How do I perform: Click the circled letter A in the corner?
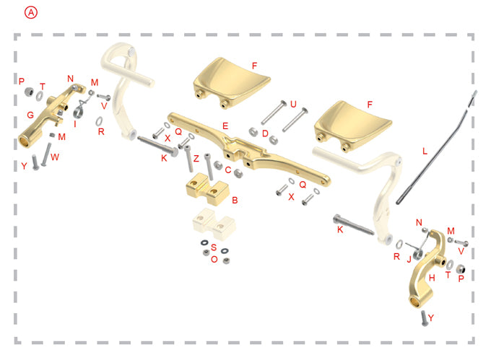point(30,12)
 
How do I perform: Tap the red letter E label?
point(225,126)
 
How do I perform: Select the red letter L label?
point(425,151)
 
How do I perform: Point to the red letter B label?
point(235,198)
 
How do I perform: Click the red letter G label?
point(30,115)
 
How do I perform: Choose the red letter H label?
point(432,277)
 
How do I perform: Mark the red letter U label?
point(293,104)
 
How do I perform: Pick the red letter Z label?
point(196,158)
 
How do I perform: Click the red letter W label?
point(56,157)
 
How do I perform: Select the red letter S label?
point(214,247)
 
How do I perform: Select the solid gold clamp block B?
point(207,190)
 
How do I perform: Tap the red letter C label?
point(228,170)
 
